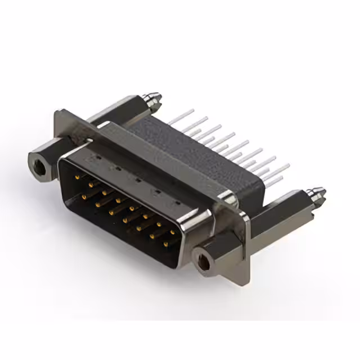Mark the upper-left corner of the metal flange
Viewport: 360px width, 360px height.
click(x=58, y=113)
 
